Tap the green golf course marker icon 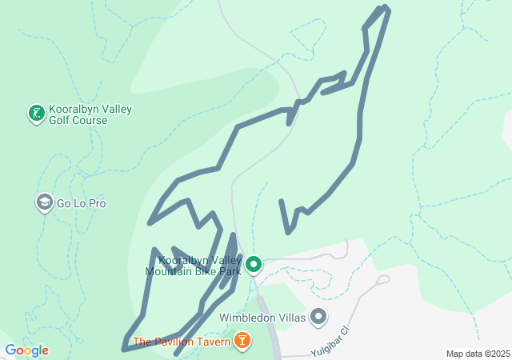point(36,114)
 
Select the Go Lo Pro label point(82,203)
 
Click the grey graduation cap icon point(45,203)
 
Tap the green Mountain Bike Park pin point(254,263)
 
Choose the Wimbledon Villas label point(263,318)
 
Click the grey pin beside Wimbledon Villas point(318,318)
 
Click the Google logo point(26,350)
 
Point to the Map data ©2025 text point(478,354)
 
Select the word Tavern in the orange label point(207,342)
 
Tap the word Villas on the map point(292,318)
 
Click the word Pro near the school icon point(97,203)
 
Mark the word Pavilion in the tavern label point(171,342)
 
